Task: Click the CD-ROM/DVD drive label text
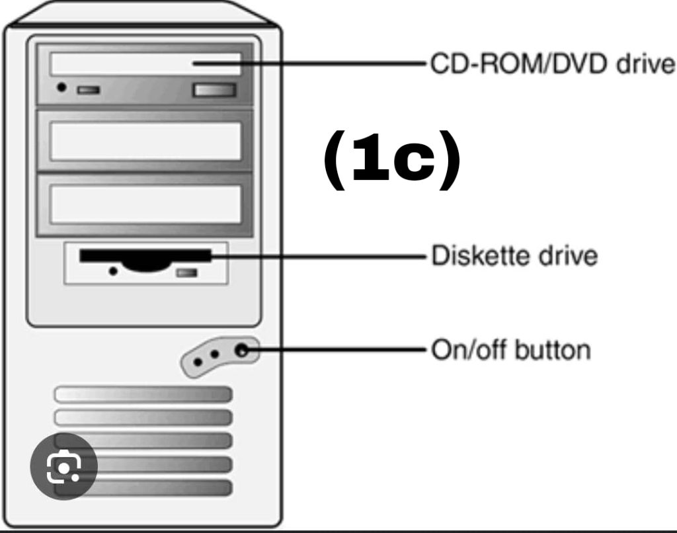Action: click(553, 65)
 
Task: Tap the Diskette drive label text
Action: click(514, 255)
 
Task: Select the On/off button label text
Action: click(510, 350)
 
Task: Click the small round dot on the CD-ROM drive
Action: click(61, 87)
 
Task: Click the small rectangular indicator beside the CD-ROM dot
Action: click(88, 89)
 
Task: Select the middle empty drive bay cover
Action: click(145, 141)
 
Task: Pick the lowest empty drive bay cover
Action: click(145, 204)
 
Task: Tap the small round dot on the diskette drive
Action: click(114, 271)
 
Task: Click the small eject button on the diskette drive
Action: click(186, 272)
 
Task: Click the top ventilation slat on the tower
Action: click(143, 395)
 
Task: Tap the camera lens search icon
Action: click(64, 466)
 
